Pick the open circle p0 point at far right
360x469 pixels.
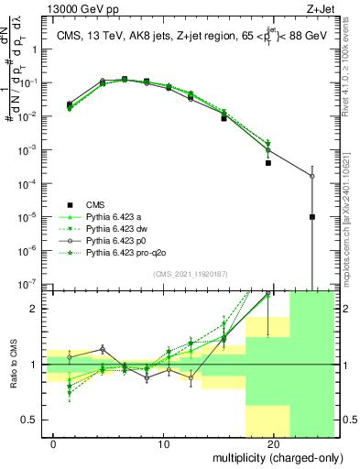[x=312, y=176]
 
